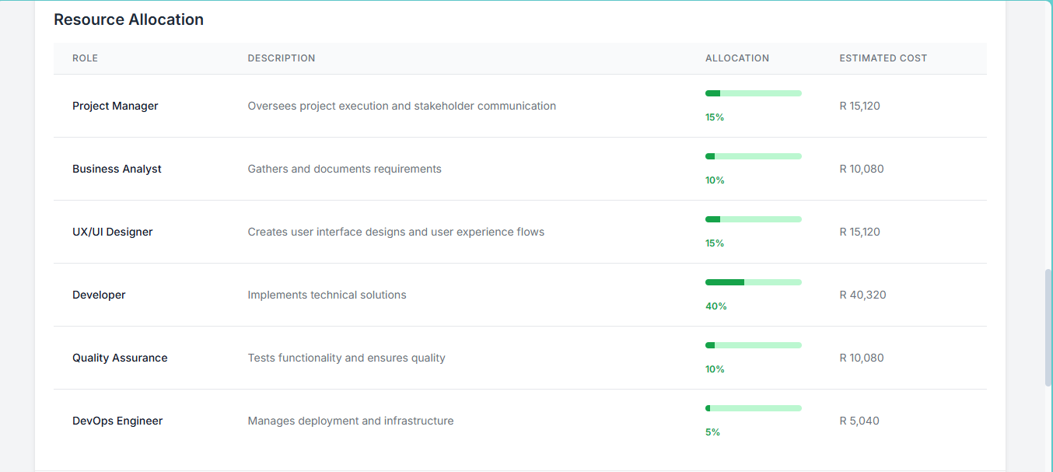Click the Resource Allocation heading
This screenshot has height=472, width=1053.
tap(128, 19)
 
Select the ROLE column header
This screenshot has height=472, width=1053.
tap(85, 58)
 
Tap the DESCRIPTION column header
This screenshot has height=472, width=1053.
tap(282, 58)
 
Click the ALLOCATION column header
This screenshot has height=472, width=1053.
tap(736, 58)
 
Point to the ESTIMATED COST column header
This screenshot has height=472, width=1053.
tap(883, 58)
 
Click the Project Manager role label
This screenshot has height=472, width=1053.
tap(115, 106)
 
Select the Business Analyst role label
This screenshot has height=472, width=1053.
tap(117, 169)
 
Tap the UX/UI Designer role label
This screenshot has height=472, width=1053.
tap(113, 232)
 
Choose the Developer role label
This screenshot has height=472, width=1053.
tap(99, 295)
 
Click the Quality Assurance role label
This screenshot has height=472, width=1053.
tap(120, 358)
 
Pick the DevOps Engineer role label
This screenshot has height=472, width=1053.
tap(117, 421)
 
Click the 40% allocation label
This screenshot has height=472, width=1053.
tap(715, 306)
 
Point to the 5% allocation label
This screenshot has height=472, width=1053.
tap(712, 432)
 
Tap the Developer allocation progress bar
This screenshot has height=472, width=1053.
tap(753, 282)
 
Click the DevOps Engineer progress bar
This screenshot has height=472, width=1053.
tap(753, 408)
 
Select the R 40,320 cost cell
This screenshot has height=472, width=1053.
tap(862, 295)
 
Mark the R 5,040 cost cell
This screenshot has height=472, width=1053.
tap(859, 421)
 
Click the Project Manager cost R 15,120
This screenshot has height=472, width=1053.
tap(859, 106)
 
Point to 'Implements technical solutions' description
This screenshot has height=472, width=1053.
tap(327, 295)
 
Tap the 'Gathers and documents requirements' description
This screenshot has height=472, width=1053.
tap(345, 169)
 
